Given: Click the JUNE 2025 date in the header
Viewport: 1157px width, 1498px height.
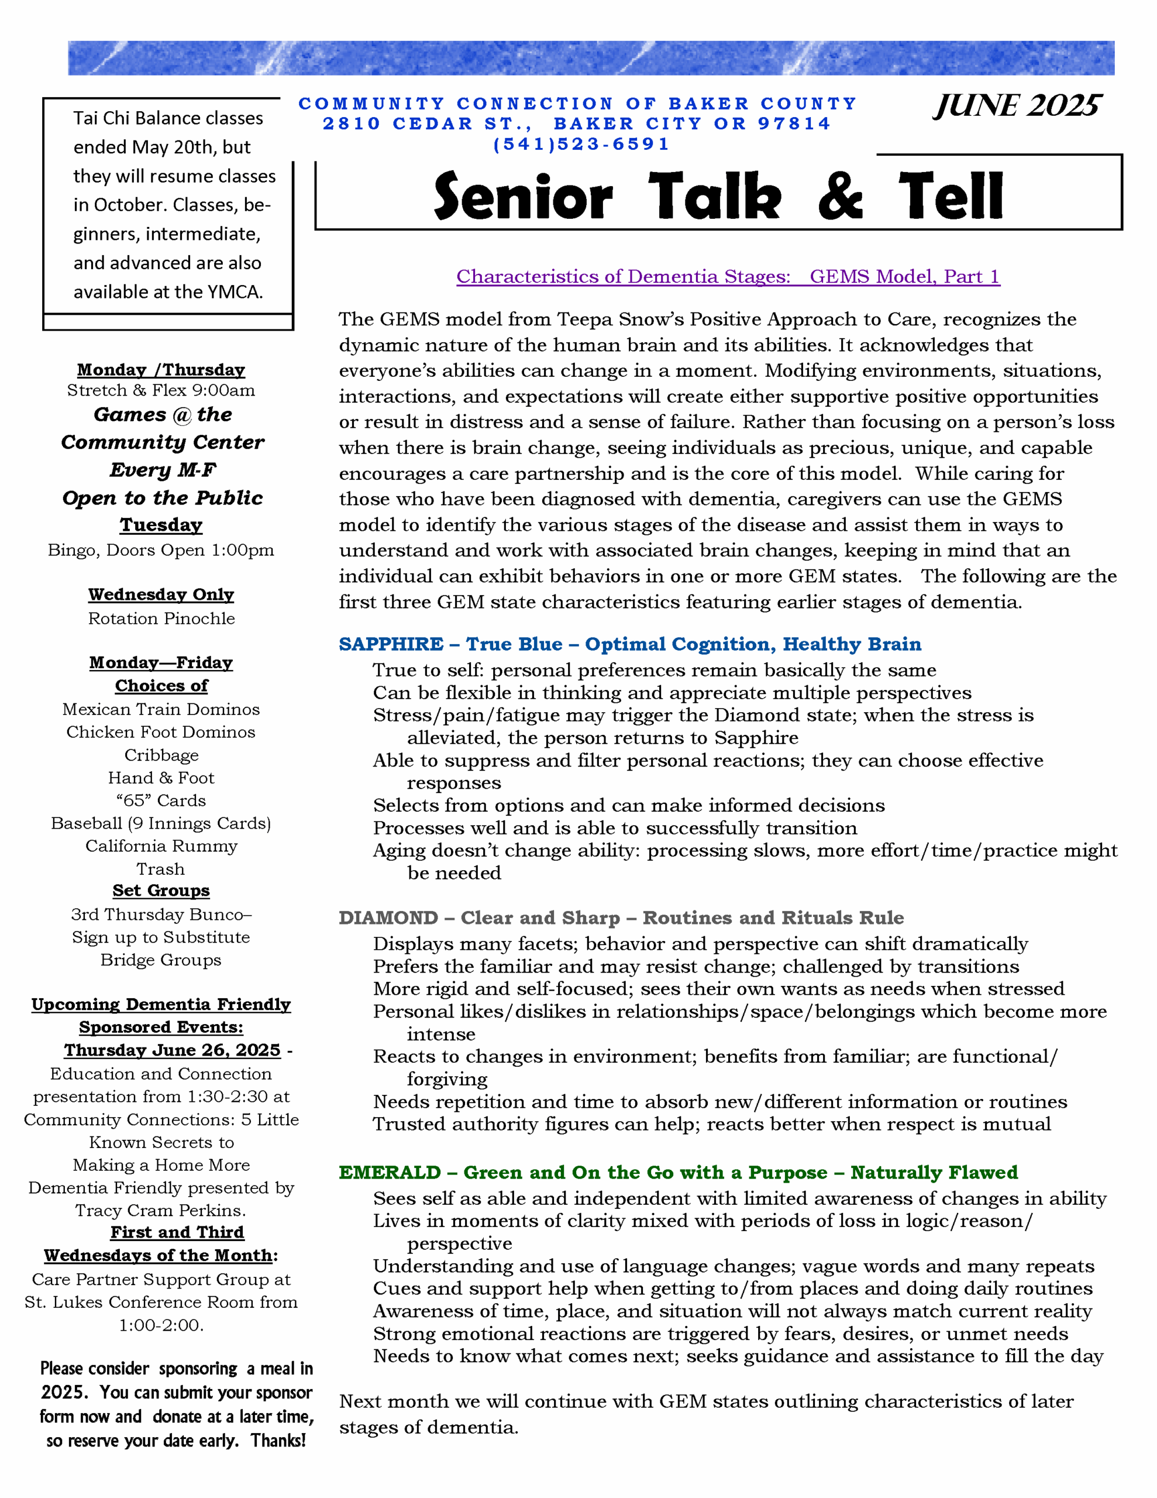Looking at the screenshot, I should coord(1017,106).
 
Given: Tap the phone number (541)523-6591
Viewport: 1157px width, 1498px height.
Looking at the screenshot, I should coord(581,144).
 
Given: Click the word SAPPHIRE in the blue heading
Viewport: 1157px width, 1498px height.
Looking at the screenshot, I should coord(391,644).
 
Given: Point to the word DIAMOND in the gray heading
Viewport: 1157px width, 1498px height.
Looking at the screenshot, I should coord(388,918).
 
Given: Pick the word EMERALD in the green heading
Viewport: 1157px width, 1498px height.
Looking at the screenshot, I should coord(390,1172).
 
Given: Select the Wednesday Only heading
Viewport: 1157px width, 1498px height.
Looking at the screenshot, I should coord(161,594).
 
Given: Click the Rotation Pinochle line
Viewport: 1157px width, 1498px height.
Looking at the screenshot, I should coord(161,618).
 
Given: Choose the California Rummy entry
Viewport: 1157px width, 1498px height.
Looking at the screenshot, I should coord(161,846).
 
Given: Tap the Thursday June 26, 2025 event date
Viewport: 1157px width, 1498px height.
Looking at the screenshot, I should coord(172,1050).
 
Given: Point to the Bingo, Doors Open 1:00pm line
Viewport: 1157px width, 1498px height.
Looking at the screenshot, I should coord(161,550).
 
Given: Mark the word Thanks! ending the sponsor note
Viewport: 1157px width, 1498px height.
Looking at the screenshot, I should coord(278,1441).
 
